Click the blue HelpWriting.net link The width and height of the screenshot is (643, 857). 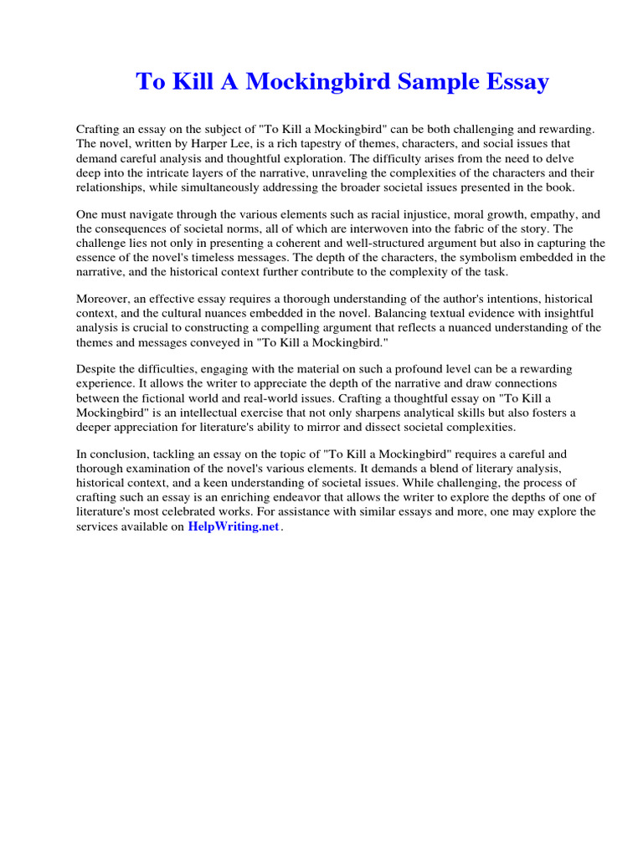[233, 527]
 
